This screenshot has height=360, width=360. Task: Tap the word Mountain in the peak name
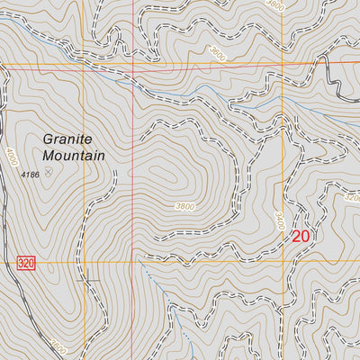click(75, 155)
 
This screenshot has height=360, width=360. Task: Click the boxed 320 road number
click(25, 263)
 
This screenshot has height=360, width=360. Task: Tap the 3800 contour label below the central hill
click(184, 206)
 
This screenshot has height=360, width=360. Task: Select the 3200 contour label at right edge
click(352, 197)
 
